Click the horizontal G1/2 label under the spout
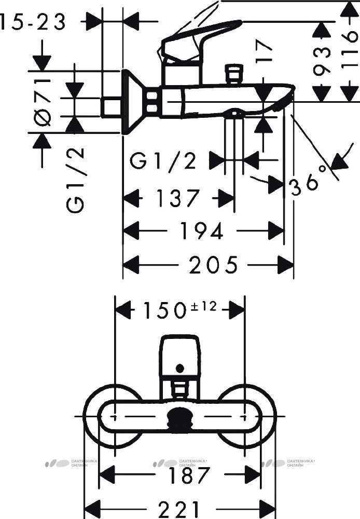tap(163, 161)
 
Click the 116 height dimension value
tap(350, 45)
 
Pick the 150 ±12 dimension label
tap(179, 310)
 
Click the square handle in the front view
tap(179, 356)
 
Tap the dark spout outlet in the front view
tap(179, 418)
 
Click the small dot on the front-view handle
tap(179, 367)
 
